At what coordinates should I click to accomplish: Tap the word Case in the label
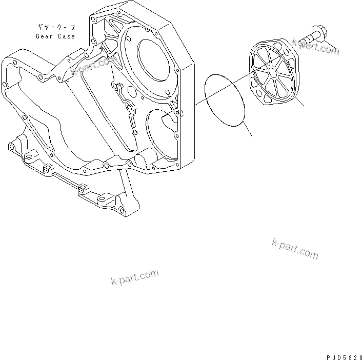coord(66,37)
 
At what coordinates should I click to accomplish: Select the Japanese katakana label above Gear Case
coord(56,27)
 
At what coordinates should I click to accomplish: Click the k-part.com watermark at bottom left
coord(134,277)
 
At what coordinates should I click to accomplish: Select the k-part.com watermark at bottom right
coord(295,249)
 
